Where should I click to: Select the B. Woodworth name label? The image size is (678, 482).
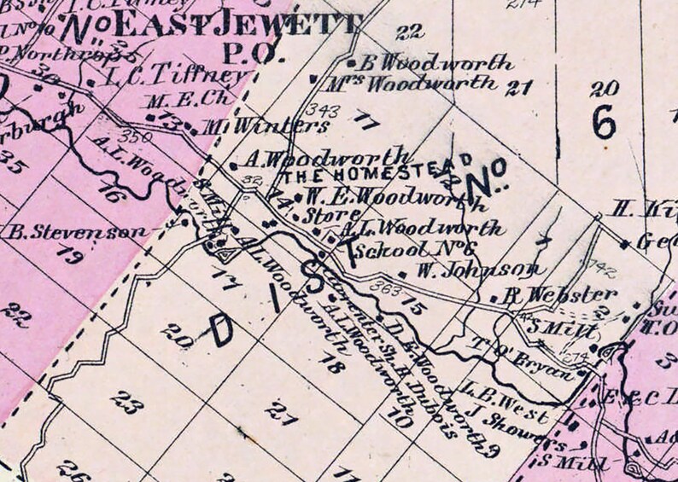point(437,63)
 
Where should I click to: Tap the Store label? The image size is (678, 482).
point(314,216)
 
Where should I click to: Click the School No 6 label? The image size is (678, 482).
point(413,249)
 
